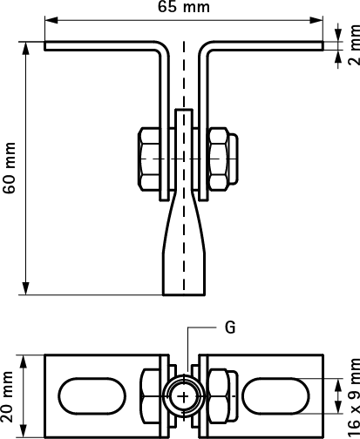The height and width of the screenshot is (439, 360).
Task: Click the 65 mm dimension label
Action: click(x=184, y=6)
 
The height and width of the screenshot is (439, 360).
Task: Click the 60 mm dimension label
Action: click(x=9, y=168)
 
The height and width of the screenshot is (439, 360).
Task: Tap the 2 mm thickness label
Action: click(x=354, y=44)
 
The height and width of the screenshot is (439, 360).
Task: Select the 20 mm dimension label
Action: click(x=7, y=396)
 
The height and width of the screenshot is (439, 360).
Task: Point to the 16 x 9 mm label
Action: click(x=354, y=398)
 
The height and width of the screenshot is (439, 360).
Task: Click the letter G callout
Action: click(x=230, y=328)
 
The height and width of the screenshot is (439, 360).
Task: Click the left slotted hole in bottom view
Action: click(x=92, y=396)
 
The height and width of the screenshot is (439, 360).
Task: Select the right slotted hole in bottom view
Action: click(x=275, y=396)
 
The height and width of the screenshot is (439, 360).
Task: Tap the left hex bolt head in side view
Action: click(x=149, y=159)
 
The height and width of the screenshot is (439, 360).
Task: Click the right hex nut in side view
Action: click(x=218, y=159)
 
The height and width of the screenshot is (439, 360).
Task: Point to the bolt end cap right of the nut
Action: click(x=234, y=159)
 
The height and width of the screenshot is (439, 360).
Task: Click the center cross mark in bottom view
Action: click(x=184, y=396)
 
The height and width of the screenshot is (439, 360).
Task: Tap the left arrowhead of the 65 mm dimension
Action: click(x=51, y=20)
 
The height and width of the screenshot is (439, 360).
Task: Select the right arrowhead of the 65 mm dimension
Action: click(x=316, y=20)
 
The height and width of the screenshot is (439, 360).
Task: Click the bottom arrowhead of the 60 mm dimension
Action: click(x=26, y=288)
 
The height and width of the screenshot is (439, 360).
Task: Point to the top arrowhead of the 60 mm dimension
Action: click(x=26, y=49)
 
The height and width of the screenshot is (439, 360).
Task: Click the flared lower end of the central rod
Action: click(x=184, y=244)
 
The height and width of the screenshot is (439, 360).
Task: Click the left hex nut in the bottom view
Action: click(x=150, y=396)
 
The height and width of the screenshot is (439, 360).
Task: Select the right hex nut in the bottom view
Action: click(x=219, y=396)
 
